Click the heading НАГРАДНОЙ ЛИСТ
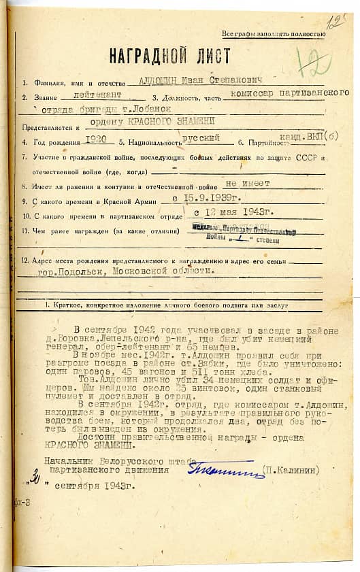click(179, 56)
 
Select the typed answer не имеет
click(246, 183)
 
